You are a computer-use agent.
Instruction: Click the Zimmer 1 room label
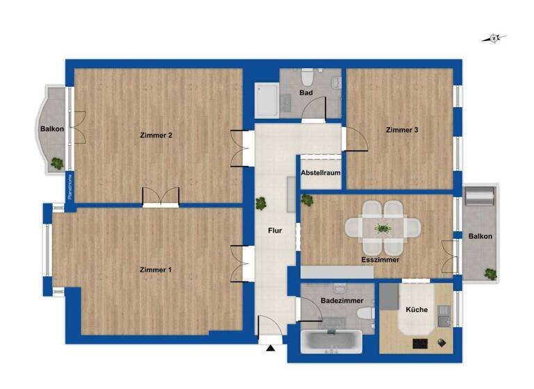point(155,270)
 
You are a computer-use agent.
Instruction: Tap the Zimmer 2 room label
point(156,135)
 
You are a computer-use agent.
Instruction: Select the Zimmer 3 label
point(401,130)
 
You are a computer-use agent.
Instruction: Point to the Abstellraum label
point(321,174)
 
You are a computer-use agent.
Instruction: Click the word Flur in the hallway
point(275,231)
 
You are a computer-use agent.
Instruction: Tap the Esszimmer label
point(380,258)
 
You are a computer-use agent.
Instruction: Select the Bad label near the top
point(306,92)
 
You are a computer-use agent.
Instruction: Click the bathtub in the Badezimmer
point(332,342)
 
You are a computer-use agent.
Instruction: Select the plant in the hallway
point(261,204)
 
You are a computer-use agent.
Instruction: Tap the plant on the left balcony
point(56,164)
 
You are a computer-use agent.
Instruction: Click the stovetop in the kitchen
point(421,342)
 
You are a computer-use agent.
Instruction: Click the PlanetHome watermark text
point(70,187)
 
